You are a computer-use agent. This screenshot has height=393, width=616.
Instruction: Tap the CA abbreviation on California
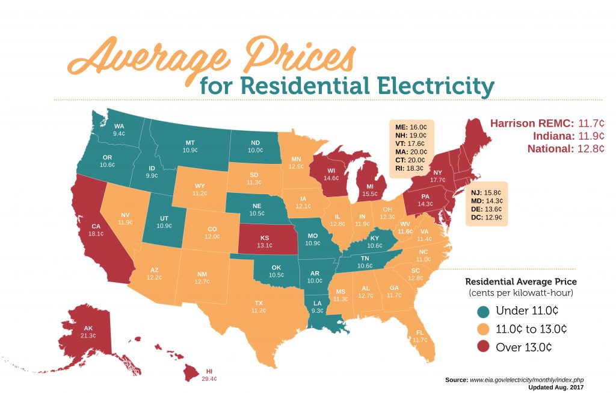click(96, 227)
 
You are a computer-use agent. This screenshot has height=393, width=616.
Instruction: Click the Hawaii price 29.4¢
click(208, 379)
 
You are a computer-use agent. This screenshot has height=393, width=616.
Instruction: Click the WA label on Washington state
click(120, 125)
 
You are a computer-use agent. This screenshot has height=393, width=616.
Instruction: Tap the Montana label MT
click(189, 142)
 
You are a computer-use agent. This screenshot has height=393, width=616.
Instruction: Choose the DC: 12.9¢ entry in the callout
click(487, 217)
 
